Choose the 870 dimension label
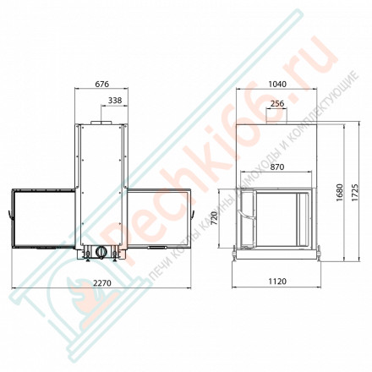pos(277,168)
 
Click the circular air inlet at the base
pos(101,252)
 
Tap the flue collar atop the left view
pos(101,123)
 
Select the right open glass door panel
pos(159,218)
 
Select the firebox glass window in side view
pos(280,217)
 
